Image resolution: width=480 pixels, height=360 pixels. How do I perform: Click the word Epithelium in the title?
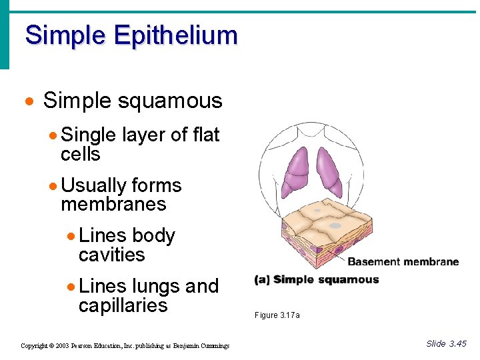point(175,35)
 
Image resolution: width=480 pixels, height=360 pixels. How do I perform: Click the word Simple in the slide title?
point(65,35)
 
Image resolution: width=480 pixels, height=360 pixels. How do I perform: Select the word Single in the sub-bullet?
point(88,135)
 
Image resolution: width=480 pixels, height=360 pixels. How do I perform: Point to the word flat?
point(205,135)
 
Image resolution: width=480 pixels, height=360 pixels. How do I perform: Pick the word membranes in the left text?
point(113,204)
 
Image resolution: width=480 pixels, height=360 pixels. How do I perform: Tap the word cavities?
point(111,255)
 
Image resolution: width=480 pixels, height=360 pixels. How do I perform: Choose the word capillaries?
point(123,305)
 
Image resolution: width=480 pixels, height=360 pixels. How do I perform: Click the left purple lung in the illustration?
point(297,171)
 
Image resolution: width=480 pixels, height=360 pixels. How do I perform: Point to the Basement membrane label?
point(403,261)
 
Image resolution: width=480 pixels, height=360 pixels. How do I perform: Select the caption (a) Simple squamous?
point(317,280)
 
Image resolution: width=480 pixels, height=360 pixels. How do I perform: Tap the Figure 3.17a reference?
point(277,315)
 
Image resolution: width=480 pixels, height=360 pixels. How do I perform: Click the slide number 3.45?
point(457,344)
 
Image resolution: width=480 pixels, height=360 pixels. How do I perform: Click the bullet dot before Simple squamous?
point(28,102)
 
